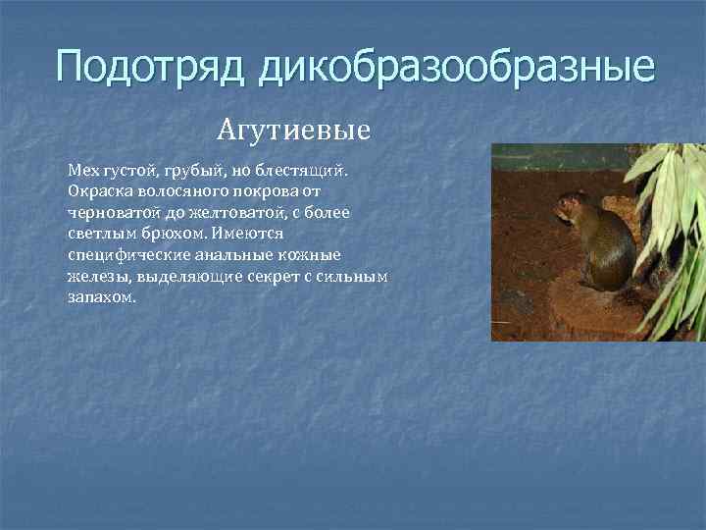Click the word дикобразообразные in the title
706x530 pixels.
tap(457, 68)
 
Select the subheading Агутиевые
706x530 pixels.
tap(294, 129)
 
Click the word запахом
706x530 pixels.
tap(99, 297)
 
